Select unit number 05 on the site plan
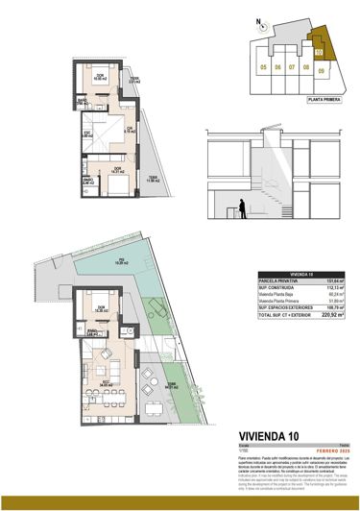tap(263, 68)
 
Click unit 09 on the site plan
tap(323, 68)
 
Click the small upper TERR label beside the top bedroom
tap(134, 81)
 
